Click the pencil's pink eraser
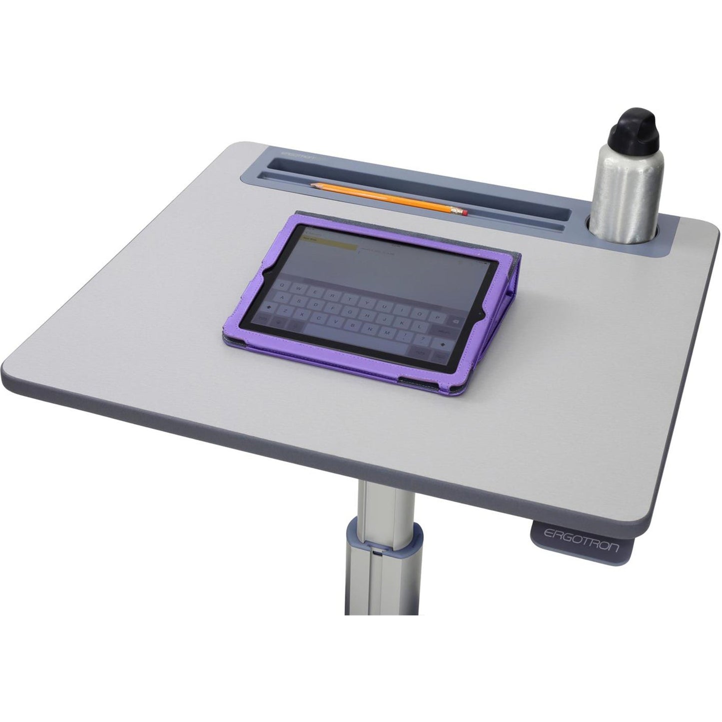[x=465, y=213]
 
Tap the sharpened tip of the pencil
[x=312, y=185]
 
